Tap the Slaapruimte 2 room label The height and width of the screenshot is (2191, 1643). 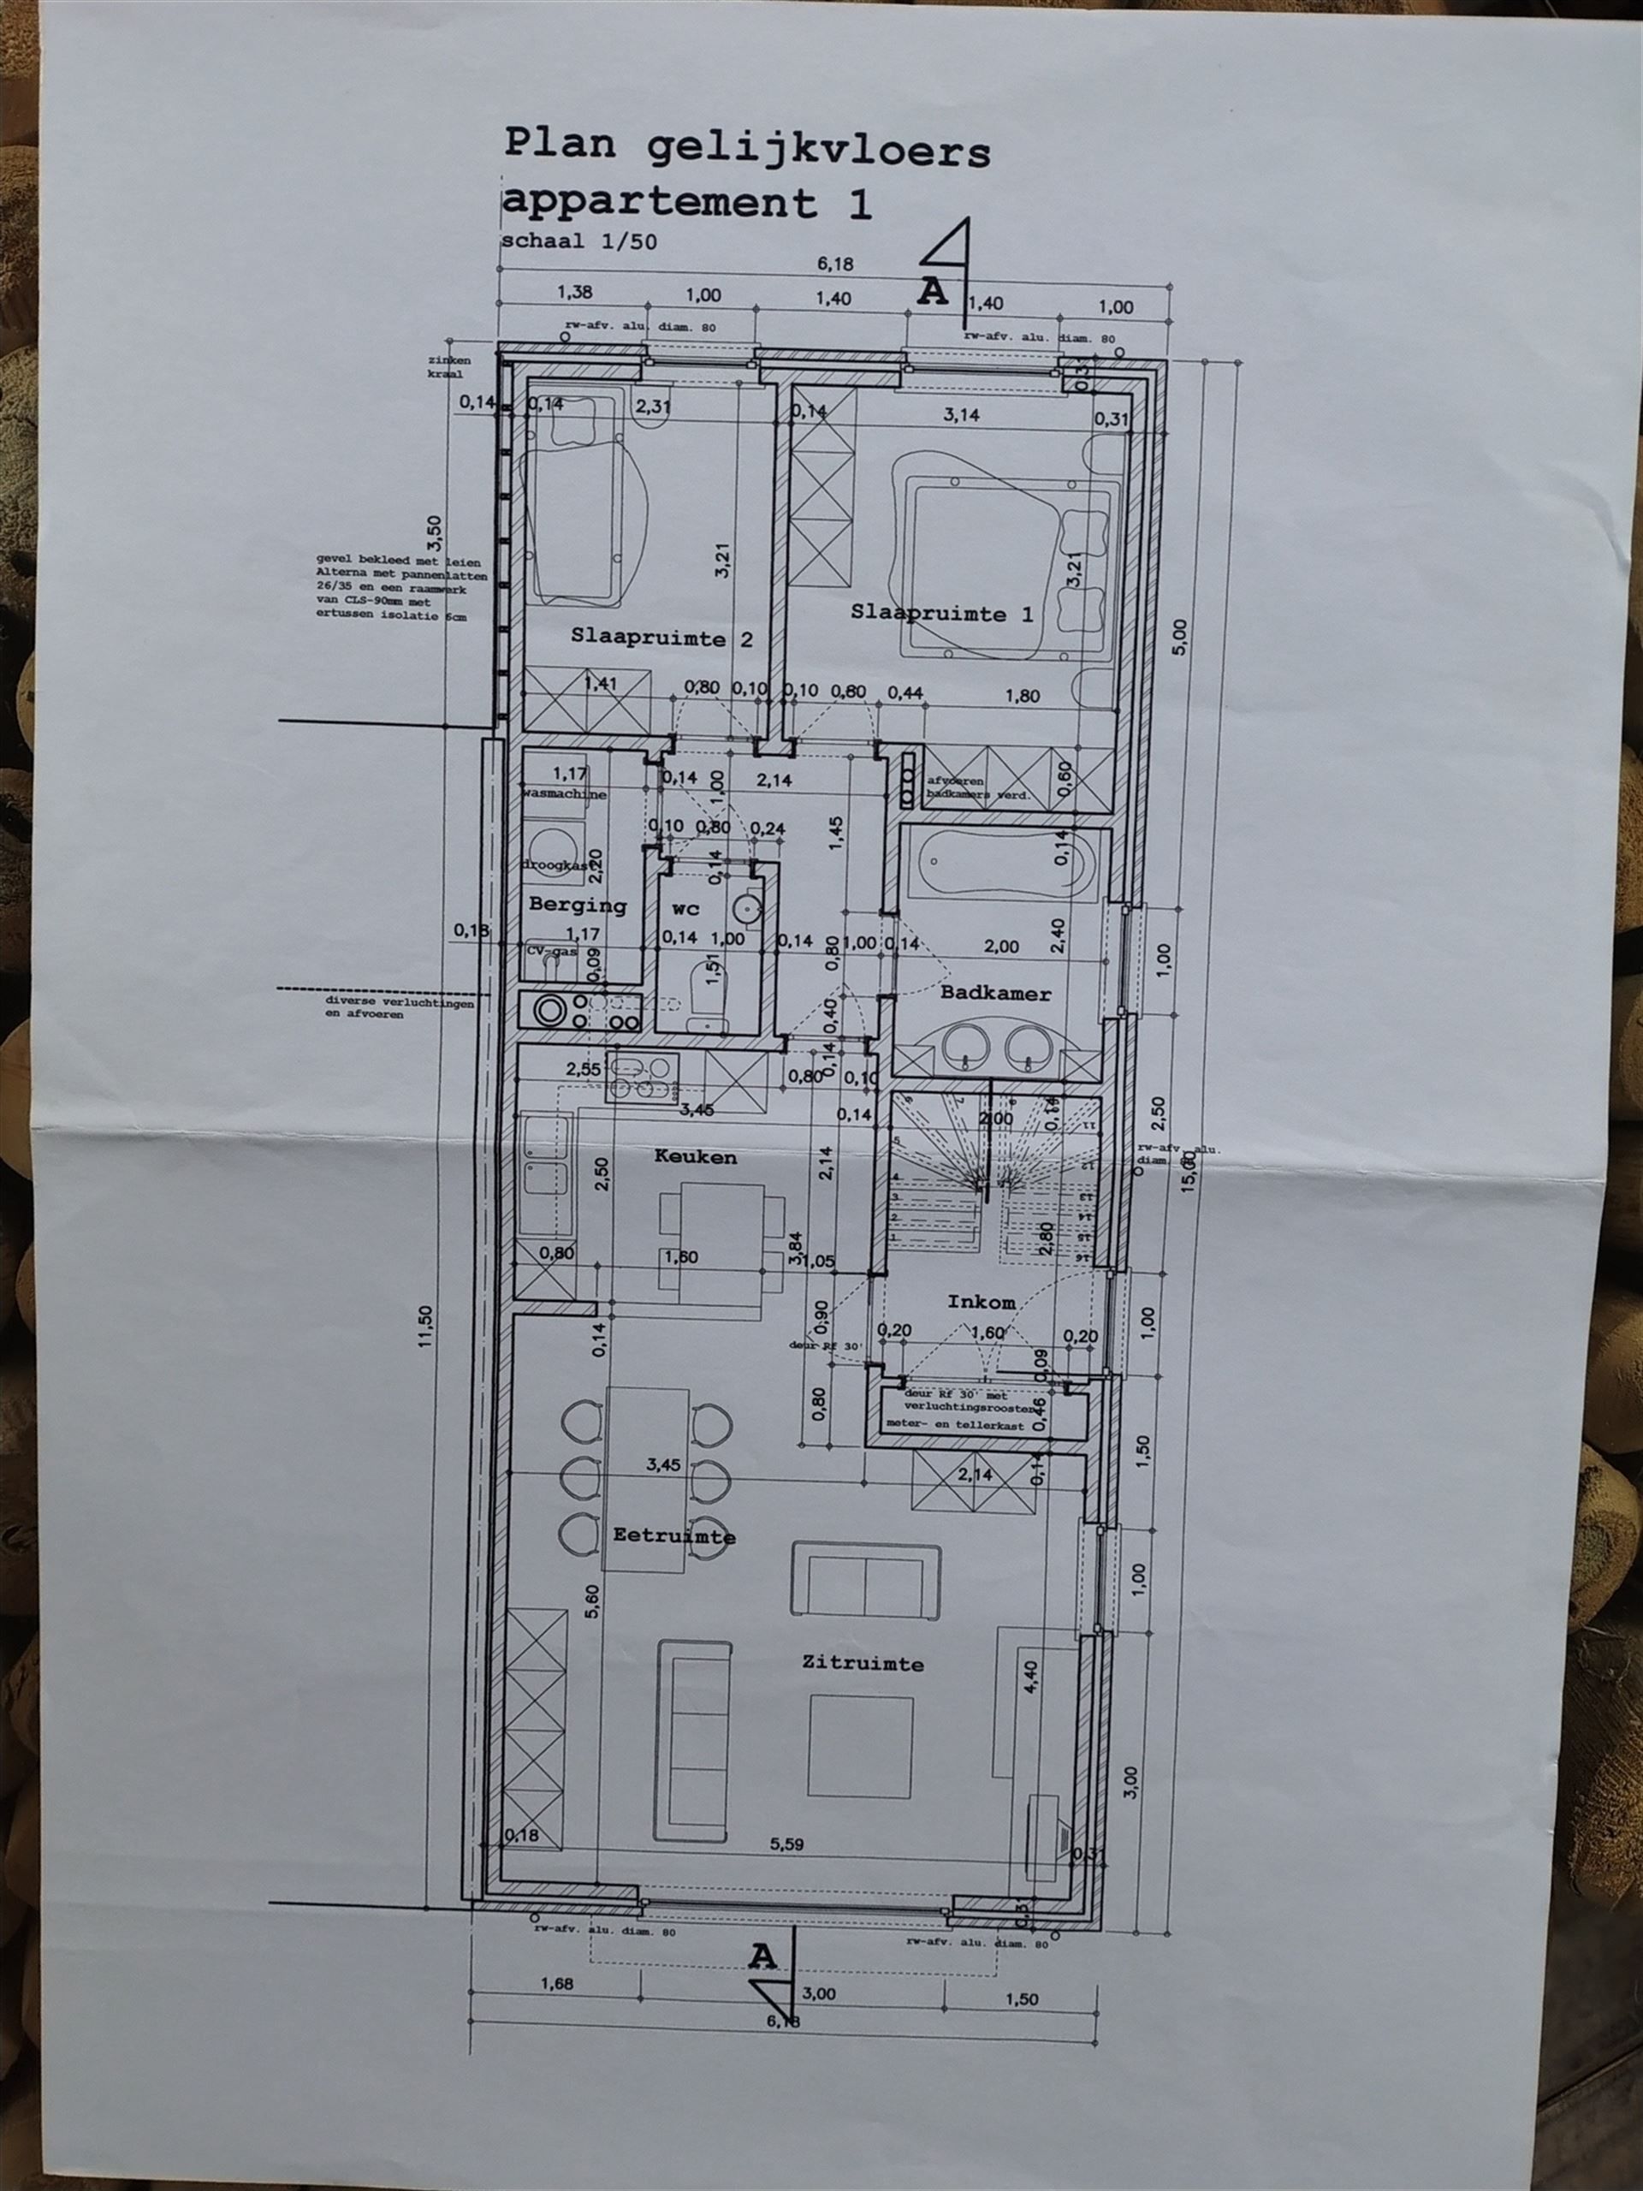pyautogui.click(x=661, y=638)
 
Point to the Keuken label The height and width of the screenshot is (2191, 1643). pyautogui.click(x=695, y=1156)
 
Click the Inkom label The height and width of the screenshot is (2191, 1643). pyautogui.click(x=981, y=1302)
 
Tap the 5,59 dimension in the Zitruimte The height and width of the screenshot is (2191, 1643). pyautogui.click(x=788, y=1844)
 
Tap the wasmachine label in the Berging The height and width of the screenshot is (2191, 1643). pyautogui.click(x=565, y=793)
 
